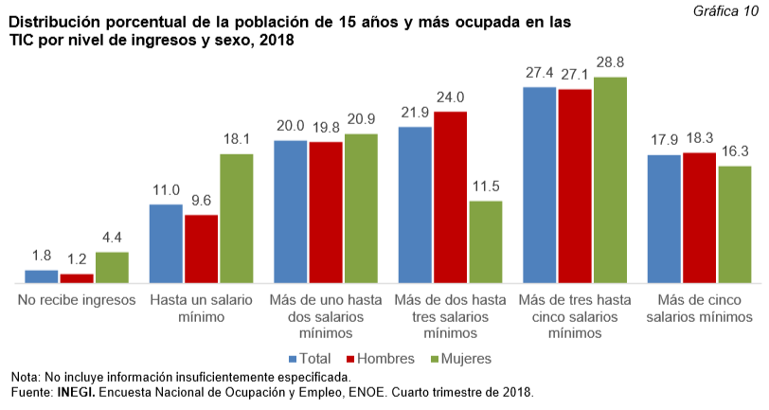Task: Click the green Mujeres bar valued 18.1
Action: pos(237,219)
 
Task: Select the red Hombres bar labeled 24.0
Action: pos(451,197)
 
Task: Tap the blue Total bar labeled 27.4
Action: pos(539,185)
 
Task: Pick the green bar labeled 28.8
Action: pos(610,180)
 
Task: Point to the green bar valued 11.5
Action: pos(486,241)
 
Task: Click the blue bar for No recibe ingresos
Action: pos(41,276)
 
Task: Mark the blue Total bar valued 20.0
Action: pos(291,211)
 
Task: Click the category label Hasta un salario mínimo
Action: pos(201,309)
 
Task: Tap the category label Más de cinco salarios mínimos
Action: pos(700,309)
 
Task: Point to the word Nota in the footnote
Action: pos(26,375)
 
